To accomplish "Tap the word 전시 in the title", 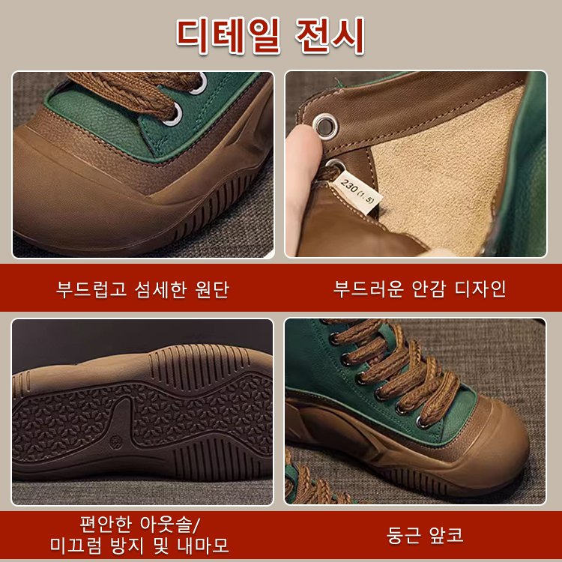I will click(336, 34).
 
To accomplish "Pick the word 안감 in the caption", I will click(424, 288).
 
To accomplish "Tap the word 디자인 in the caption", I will click(480, 288).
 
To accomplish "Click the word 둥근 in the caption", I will click(403, 535).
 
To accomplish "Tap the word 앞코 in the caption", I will click(447, 535).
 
